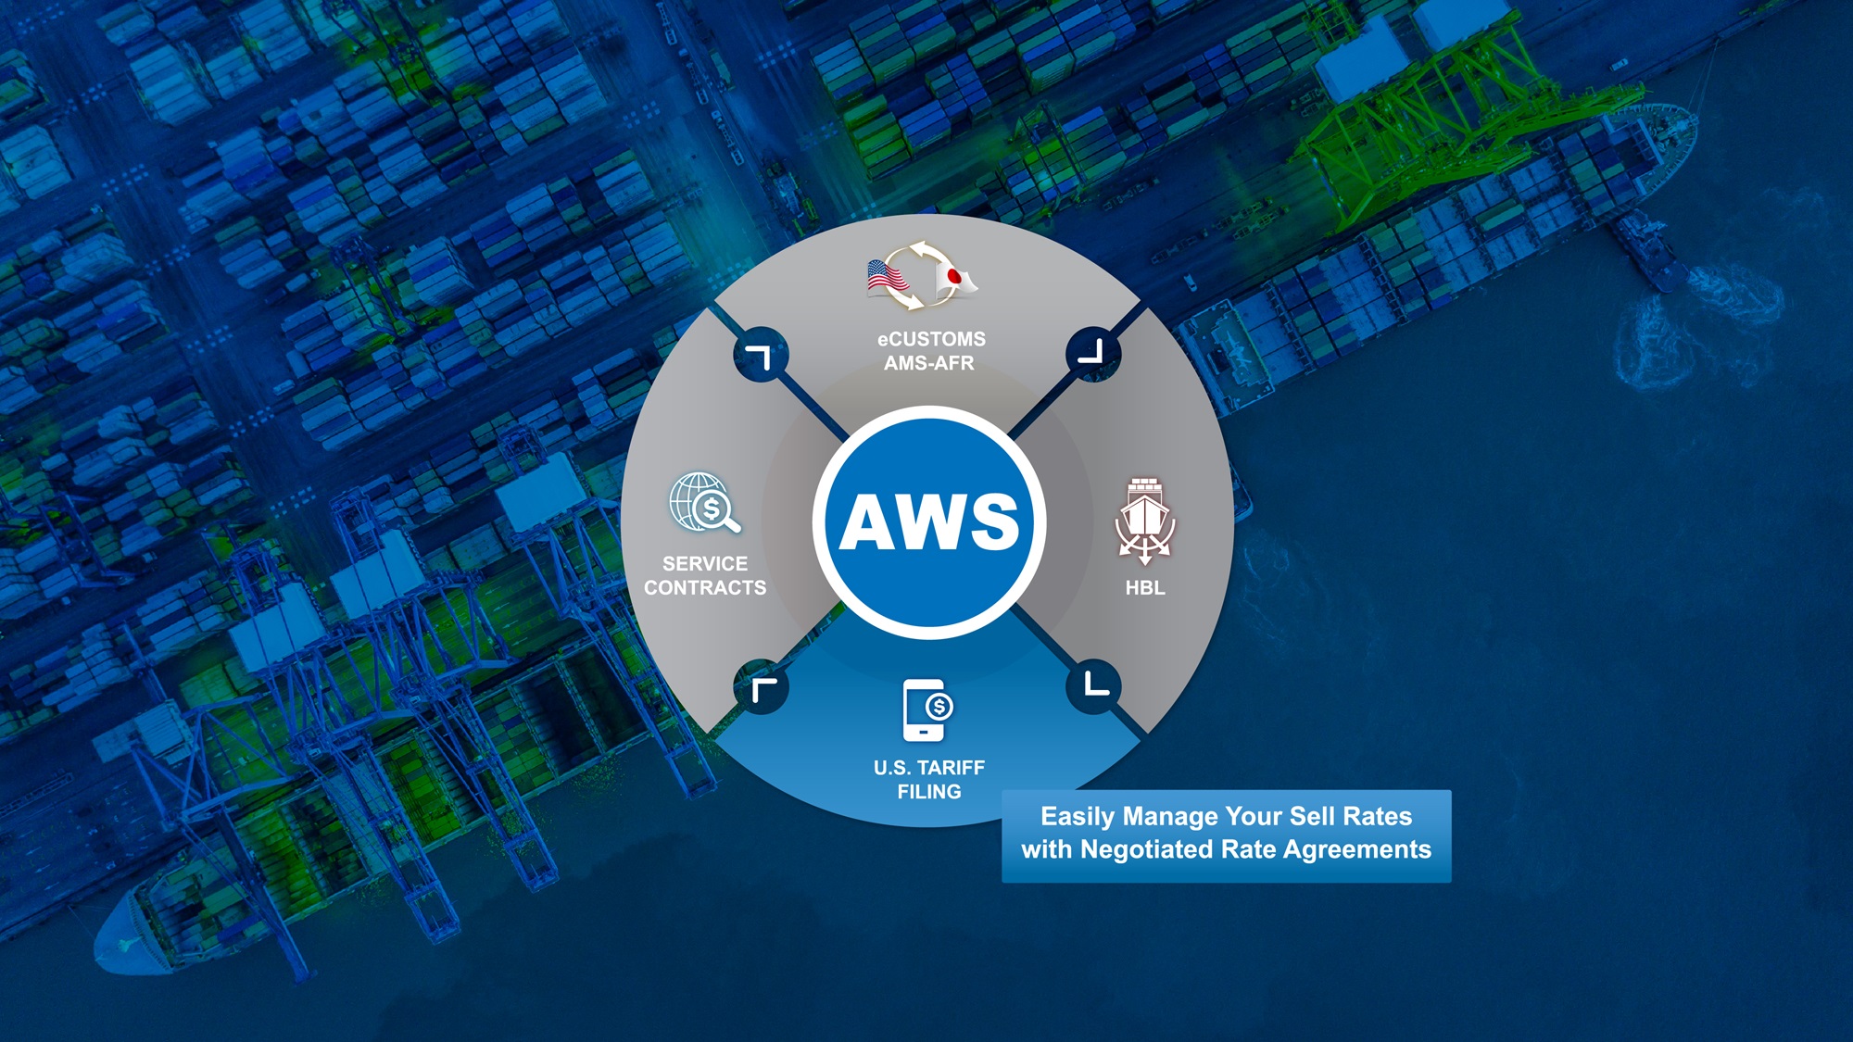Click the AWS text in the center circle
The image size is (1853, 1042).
point(929,521)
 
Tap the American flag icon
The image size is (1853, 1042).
point(886,277)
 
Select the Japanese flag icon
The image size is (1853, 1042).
point(955,277)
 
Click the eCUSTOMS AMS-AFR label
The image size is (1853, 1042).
point(930,351)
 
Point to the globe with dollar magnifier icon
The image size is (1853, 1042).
point(704,503)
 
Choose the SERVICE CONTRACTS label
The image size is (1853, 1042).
point(705,575)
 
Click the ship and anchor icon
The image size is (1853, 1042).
point(1145,520)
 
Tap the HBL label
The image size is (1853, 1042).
point(1145,587)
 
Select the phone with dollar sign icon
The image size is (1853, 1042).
point(927,710)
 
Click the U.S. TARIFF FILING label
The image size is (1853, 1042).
point(929,779)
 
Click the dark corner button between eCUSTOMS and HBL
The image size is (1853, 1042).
point(1093,353)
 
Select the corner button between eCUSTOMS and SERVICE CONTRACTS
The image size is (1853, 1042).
point(761,355)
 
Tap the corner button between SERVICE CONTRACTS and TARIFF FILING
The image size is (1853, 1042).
point(761,687)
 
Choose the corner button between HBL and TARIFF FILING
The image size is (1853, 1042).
point(1094,686)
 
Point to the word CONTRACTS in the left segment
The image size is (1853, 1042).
point(705,587)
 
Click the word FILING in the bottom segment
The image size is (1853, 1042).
point(929,792)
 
